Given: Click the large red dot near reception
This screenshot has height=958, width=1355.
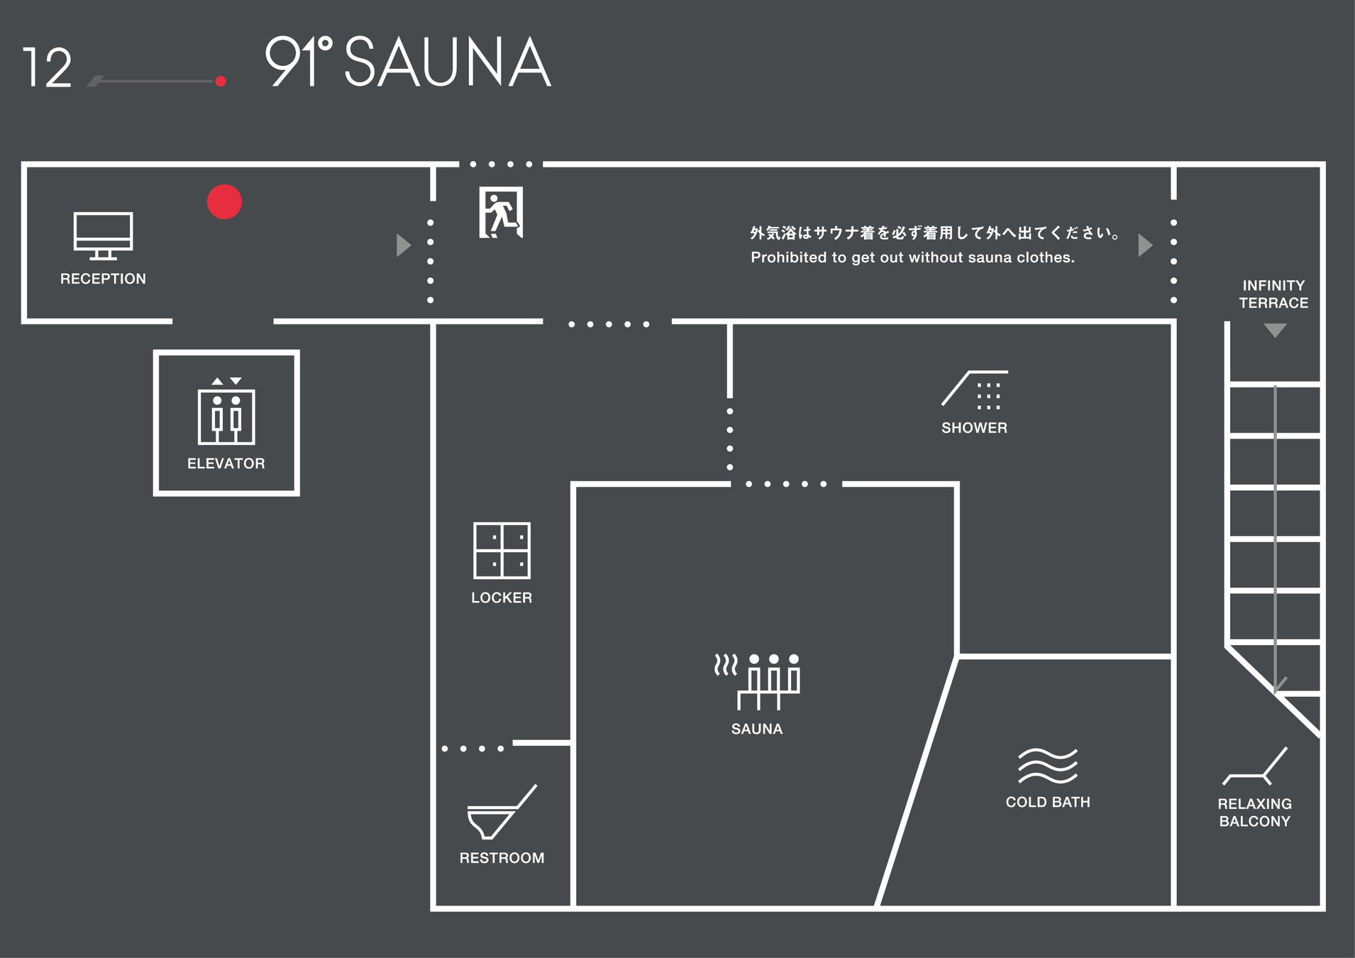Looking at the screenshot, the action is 224,202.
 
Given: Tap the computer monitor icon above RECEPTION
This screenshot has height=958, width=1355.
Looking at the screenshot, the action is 103,235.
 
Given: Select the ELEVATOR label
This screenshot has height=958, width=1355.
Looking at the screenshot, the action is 226,463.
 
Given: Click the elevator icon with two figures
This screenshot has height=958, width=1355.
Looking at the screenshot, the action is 226,412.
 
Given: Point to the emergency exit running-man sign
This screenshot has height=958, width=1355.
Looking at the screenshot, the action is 501,212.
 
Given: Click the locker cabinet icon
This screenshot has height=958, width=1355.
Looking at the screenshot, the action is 502,551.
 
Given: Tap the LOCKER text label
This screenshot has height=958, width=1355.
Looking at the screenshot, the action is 502,598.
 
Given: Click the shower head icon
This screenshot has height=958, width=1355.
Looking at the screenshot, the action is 975,390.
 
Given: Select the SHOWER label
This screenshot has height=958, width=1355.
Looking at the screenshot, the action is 974,428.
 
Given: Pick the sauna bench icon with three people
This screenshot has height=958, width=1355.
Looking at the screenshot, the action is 758,681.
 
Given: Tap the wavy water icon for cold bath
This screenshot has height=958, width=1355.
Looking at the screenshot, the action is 1048,766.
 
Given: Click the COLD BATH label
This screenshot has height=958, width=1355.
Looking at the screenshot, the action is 1048,802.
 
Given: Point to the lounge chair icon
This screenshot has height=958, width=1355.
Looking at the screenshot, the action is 1254,766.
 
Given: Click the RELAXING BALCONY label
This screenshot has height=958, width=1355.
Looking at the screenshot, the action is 1254,813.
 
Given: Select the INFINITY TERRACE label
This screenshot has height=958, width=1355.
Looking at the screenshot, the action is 1273,294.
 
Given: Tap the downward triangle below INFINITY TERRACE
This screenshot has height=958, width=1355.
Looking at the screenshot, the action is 1275,331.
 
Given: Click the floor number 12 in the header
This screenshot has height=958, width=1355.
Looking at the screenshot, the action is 47,68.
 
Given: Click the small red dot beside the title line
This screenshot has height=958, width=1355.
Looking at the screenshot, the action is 221,81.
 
